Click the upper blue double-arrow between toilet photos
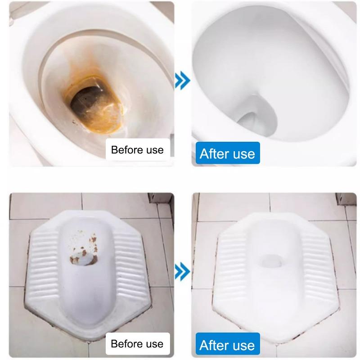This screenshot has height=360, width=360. pyautogui.click(x=182, y=81)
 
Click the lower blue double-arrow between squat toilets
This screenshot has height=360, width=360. pyautogui.click(x=182, y=272)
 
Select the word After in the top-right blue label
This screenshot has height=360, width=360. pyautogui.click(x=215, y=153)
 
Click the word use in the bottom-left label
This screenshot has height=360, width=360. pyautogui.click(x=155, y=344)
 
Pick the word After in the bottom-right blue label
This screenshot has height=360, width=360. pyautogui.click(x=215, y=345)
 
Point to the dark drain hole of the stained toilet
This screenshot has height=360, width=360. pyautogui.click(x=86, y=100)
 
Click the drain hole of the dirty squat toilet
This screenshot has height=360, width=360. pyautogui.click(x=85, y=260)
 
